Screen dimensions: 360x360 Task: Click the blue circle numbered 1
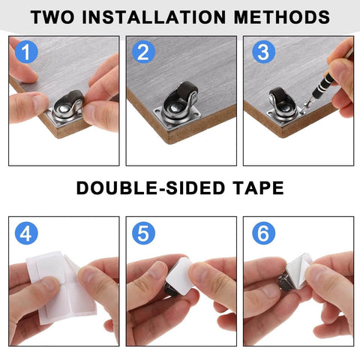(x=27, y=52)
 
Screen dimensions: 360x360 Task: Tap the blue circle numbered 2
(x=144, y=52)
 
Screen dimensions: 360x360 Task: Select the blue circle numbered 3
(x=262, y=52)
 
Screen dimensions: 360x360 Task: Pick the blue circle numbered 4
(x=27, y=233)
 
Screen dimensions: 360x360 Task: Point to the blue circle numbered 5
(x=144, y=233)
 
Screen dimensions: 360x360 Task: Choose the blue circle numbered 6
(x=262, y=233)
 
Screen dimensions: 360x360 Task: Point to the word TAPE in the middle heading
(x=257, y=187)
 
